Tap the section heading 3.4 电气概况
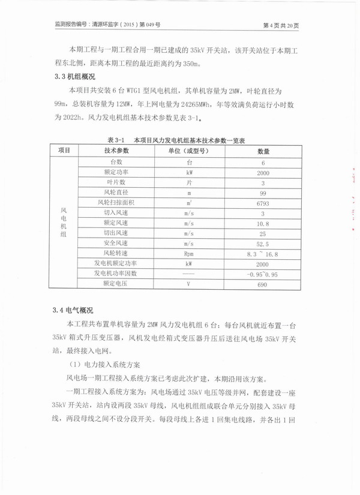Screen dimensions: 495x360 73,310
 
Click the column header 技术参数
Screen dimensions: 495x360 116,150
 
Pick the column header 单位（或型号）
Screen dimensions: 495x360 188,150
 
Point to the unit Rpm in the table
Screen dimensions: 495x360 188,253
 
